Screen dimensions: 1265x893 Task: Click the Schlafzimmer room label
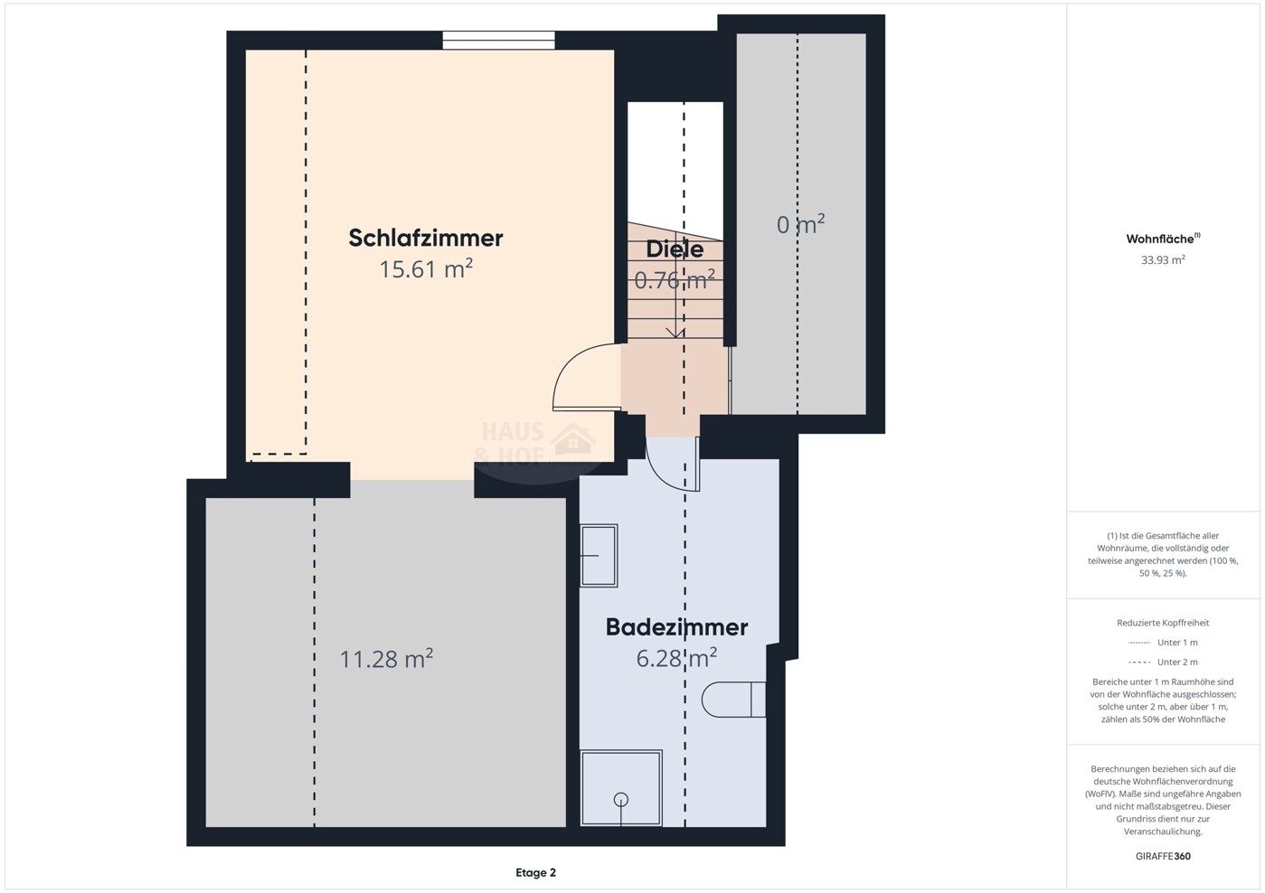425,239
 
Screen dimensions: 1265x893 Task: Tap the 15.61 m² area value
425,269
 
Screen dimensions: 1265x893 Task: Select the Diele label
675,249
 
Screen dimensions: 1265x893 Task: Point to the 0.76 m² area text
675,279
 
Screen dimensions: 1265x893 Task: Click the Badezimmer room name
676,627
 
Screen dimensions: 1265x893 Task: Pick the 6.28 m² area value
676,658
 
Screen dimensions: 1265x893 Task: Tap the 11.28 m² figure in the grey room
386,659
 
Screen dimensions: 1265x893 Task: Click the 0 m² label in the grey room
800,225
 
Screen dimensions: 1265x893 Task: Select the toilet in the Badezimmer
733,700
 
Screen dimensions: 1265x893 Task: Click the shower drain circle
621,800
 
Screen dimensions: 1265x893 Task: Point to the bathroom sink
599,556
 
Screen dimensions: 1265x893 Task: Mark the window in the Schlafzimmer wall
498,41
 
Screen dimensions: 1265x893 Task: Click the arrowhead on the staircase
675,333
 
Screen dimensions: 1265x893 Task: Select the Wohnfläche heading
1163,239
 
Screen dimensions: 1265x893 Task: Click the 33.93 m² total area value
1163,259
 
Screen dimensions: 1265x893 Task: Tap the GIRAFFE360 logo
1163,856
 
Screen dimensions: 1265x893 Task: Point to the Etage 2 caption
535,873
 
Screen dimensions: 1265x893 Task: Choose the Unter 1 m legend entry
1163,643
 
